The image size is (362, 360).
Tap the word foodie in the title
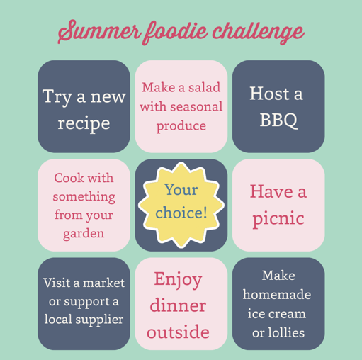175,32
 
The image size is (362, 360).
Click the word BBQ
278,120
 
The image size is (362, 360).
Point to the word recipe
84,124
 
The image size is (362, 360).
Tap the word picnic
278,218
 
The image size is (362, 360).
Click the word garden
84,234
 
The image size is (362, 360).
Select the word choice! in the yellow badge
181,213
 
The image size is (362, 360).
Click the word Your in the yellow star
181,189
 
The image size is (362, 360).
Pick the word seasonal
196,106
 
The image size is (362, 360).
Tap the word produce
181,126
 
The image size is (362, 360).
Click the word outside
178,332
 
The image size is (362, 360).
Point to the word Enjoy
178,280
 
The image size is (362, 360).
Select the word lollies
286,332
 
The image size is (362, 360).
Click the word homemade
277,294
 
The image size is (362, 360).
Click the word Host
269,94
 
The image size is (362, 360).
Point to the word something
84,197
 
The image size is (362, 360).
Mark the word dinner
178,305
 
